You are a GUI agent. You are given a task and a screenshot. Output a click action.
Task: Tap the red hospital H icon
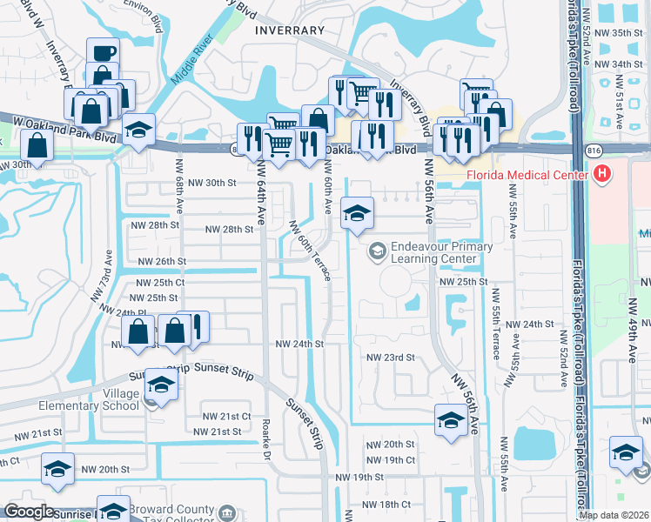tap(601, 176)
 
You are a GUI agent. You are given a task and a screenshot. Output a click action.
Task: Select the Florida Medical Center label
tap(527, 177)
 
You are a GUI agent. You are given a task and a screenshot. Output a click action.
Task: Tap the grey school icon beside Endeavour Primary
tap(377, 251)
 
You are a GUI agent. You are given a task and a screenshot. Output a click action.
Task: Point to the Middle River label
tap(193, 60)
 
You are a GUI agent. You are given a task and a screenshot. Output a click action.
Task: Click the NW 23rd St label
tap(389, 358)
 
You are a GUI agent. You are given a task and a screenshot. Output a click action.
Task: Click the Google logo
tap(29, 512)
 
